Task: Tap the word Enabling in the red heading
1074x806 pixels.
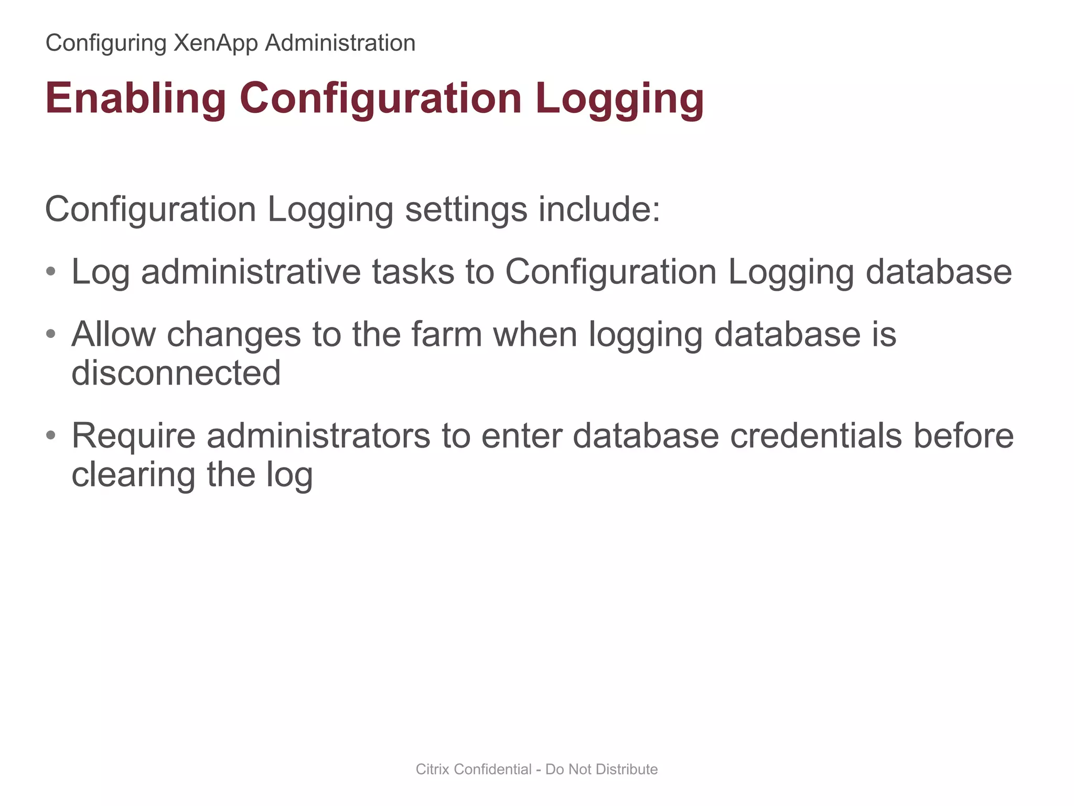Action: (x=136, y=98)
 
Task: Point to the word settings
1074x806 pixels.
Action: (x=466, y=210)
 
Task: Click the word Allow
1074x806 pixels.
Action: (x=113, y=334)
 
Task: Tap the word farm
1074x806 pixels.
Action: (x=446, y=334)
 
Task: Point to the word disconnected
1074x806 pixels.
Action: (x=176, y=373)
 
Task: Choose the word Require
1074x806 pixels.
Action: (x=133, y=436)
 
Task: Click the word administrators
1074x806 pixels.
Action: (x=318, y=436)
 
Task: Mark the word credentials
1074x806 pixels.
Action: (x=815, y=436)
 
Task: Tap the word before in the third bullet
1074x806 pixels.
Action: (x=964, y=436)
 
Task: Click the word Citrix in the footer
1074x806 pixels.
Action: (x=433, y=769)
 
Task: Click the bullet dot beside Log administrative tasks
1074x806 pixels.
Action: (x=51, y=272)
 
